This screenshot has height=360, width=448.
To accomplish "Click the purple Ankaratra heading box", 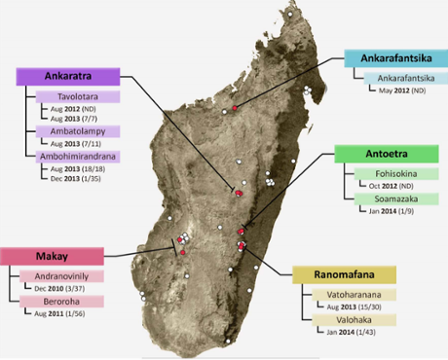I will (x=67, y=77).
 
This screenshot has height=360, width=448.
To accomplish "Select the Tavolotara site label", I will (x=78, y=97).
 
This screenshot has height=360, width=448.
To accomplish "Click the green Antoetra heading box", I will (x=386, y=154).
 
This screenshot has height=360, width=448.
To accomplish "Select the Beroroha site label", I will (x=62, y=303).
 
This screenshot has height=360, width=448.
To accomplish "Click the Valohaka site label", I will (x=349, y=319).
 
